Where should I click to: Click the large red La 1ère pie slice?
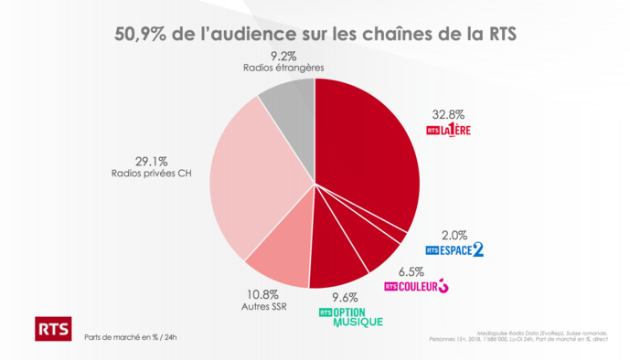point(366,155)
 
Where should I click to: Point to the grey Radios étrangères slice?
point(289,106)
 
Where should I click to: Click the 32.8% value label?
point(449,114)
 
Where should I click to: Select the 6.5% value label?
point(411,271)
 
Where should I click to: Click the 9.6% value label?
point(345,297)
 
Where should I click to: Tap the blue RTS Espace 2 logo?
point(454,249)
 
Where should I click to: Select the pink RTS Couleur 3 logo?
point(416,287)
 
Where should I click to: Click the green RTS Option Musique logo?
point(349,316)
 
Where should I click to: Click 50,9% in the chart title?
point(141,35)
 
